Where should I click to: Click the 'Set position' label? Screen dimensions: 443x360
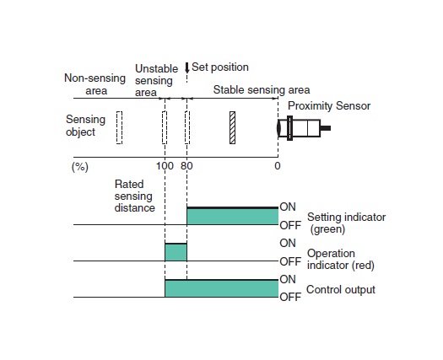pos(220,67)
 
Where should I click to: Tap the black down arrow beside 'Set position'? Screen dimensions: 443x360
pos(186,67)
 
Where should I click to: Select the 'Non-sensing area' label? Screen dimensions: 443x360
pos(95,84)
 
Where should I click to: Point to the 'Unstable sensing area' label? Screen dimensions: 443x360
pos(156,80)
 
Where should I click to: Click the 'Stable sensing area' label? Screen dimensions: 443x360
pos(262,89)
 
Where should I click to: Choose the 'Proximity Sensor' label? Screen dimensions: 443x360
pos(329,106)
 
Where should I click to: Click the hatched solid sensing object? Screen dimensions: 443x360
pos(232,127)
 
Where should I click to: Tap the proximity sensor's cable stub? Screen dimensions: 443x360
pos(325,128)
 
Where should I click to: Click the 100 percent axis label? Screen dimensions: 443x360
pos(165,166)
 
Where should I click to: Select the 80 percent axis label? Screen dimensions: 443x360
pos(186,166)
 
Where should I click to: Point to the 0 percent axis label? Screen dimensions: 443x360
pos(278,166)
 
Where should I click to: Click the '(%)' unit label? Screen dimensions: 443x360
pos(80,167)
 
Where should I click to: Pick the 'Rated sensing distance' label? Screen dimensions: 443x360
pos(135,196)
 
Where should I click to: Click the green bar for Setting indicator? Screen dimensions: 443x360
pos(233,216)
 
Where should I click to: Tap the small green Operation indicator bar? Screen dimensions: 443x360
pos(176,252)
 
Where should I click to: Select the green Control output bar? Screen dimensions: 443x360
pos(221,288)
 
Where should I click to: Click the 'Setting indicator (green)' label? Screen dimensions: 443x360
pos(346,223)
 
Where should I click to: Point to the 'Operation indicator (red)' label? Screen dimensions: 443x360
pos(341,259)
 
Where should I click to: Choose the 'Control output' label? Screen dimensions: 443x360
pos(341,290)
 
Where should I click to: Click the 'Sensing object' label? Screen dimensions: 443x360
pos(85,126)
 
